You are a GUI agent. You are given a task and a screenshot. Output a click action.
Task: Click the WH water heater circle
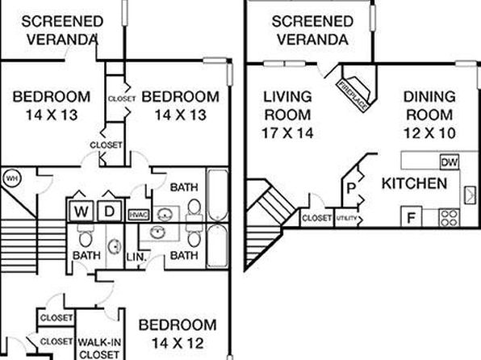click(x=11, y=178)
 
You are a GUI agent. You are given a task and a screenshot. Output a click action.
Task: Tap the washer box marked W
click(x=81, y=211)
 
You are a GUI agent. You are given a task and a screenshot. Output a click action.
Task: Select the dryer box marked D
click(x=110, y=211)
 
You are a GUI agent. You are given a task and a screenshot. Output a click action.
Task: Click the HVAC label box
click(x=139, y=215)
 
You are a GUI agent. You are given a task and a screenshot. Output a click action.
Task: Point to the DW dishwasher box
click(x=450, y=161)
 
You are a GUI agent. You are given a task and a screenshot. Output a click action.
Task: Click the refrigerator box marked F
click(x=411, y=217)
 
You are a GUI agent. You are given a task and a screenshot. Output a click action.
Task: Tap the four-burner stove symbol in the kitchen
click(x=449, y=218)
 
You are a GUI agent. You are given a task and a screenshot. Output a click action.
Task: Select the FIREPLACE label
click(x=353, y=95)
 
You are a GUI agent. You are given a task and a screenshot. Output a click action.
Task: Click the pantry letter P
click(x=351, y=188)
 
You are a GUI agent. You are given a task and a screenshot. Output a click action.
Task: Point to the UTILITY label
click(x=347, y=218)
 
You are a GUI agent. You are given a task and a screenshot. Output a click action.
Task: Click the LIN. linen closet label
click(x=136, y=256)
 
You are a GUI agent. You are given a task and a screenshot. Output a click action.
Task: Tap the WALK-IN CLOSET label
click(x=99, y=348)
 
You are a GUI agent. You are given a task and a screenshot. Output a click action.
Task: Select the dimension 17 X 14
click(x=287, y=133)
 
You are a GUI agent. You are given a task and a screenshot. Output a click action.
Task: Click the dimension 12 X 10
click(x=429, y=133)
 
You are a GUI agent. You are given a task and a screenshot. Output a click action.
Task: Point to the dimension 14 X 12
click(x=178, y=343)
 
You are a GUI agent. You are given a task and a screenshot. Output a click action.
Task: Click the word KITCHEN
click(x=414, y=183)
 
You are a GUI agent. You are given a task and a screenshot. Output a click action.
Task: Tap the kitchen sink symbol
click(x=470, y=195)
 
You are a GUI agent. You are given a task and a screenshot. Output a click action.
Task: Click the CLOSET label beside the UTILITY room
click(x=316, y=218)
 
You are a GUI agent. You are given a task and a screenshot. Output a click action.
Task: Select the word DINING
click(x=429, y=97)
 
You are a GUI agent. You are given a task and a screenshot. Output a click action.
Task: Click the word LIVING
click(x=288, y=97)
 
